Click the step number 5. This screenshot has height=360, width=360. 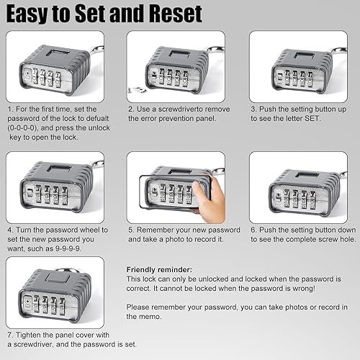(130, 230)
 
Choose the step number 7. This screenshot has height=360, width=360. (9, 336)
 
